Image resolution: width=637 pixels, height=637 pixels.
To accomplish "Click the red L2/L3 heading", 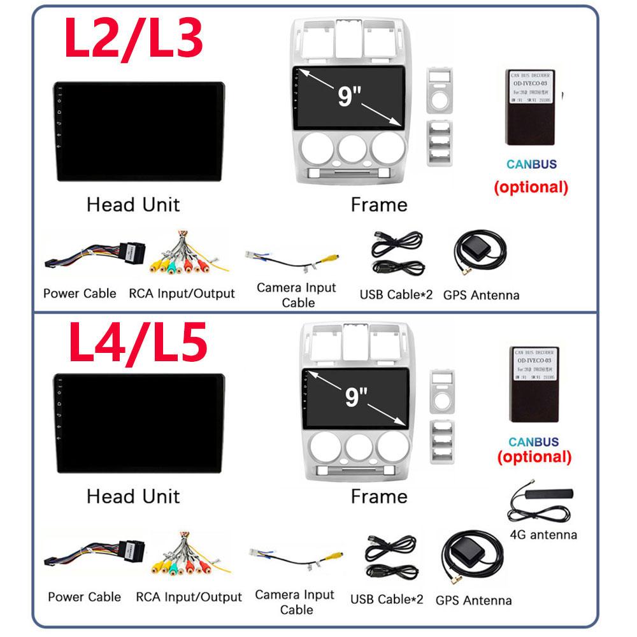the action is point(134,38).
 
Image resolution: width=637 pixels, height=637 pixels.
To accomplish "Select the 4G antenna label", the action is point(543,534).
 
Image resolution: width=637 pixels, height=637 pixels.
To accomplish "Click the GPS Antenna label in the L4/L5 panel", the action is point(473,599).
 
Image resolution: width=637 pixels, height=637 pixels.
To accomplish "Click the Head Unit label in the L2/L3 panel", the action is point(132,204).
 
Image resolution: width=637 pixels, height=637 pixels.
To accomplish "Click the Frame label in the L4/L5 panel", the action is point(379,496).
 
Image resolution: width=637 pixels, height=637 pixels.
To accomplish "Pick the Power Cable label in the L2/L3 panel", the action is point(80,293).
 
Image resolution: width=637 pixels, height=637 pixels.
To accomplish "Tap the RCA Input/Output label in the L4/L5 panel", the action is point(189,597).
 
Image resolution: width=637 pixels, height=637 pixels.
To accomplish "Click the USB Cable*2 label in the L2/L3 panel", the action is point(396,294).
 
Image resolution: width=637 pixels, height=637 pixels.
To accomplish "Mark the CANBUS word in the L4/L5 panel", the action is point(534,441).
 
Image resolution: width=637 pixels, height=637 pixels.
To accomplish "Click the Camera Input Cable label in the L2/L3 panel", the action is point(296,294).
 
